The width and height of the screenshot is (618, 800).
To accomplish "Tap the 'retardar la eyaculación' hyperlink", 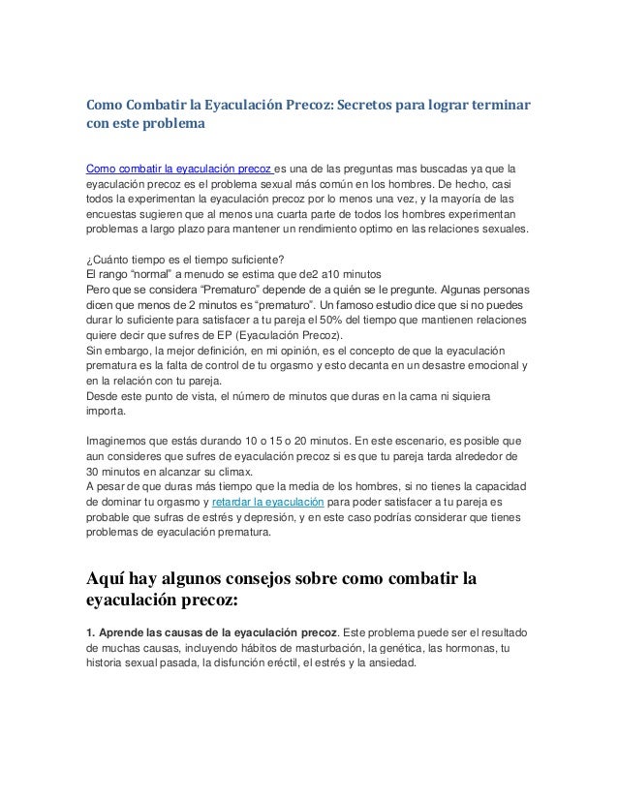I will click(267, 502).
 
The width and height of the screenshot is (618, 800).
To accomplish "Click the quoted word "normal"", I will click(150, 272).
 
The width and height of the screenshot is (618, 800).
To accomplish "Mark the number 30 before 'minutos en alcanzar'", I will click(95, 471).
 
